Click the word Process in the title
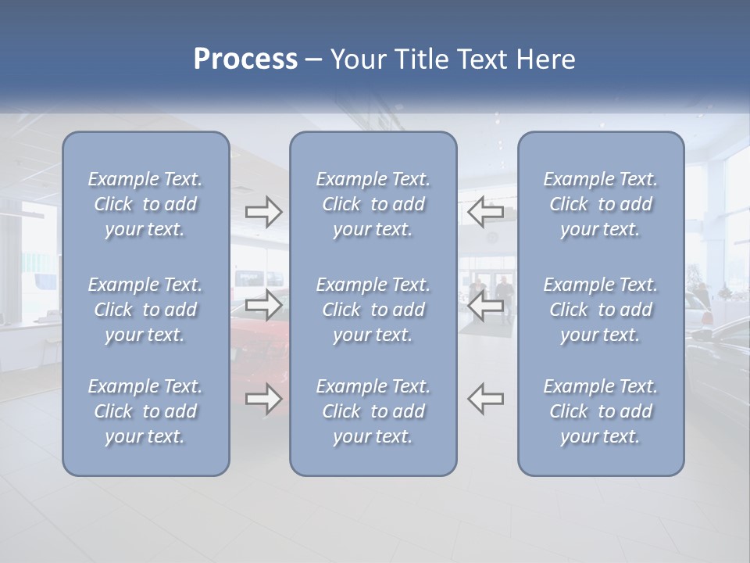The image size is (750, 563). [245, 59]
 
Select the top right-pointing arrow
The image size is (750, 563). [263, 211]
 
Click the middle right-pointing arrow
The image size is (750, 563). [263, 305]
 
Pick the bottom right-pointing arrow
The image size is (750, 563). [263, 399]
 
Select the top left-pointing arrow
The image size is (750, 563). [486, 211]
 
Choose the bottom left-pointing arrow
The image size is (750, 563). [486, 399]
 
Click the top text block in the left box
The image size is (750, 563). [145, 204]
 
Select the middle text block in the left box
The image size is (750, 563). [145, 310]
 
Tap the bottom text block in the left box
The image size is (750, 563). [145, 411]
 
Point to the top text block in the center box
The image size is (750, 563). [373, 204]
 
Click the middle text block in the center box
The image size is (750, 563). [373, 310]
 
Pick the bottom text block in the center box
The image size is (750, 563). [373, 411]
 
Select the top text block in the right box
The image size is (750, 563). [601, 204]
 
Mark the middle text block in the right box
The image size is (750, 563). [601, 310]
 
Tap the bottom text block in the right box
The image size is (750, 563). [601, 411]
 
